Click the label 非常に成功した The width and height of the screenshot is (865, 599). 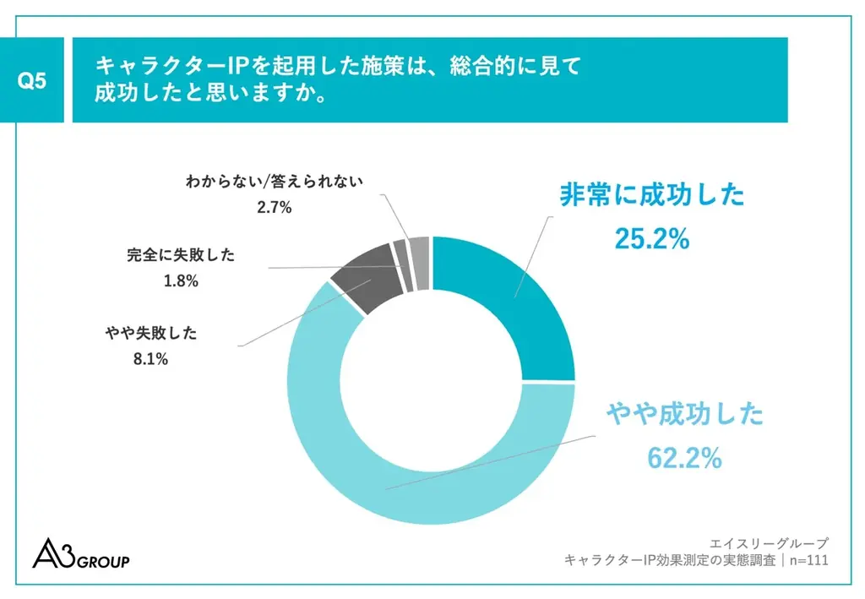pos(652,195)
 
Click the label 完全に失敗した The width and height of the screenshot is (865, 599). pos(181,255)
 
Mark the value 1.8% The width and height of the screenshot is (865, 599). pos(181,281)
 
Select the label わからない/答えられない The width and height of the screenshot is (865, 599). pos(275,180)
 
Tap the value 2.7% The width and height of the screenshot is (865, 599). pos(275,206)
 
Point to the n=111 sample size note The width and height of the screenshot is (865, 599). pos(806,560)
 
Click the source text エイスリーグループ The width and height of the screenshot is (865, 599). pos(770,542)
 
